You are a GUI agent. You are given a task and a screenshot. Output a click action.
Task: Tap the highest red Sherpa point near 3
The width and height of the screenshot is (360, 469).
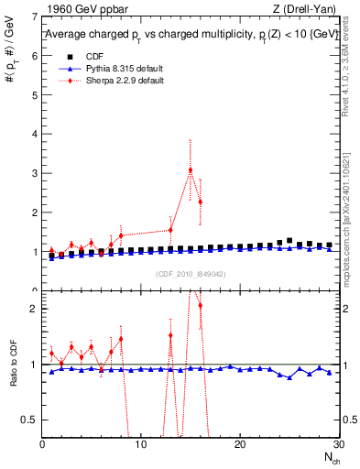[191, 170]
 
